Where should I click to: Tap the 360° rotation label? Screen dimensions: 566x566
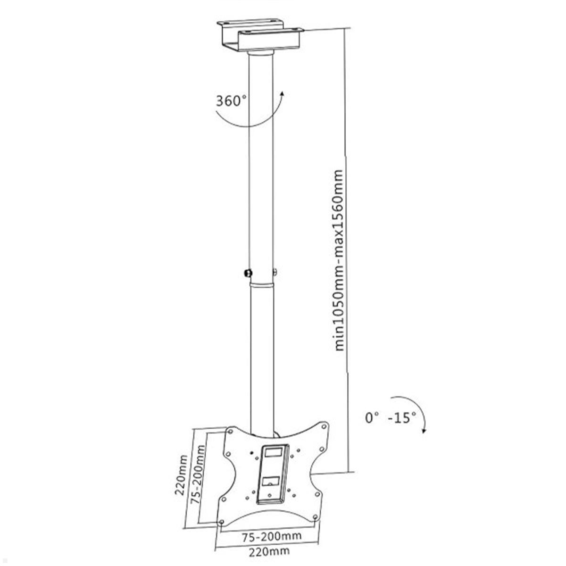(231, 101)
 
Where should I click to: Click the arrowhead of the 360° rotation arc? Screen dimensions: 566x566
(282, 94)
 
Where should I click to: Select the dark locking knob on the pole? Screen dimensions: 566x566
(247, 273)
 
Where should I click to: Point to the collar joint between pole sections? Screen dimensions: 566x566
(261, 286)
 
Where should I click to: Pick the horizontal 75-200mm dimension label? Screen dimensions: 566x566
(271, 536)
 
